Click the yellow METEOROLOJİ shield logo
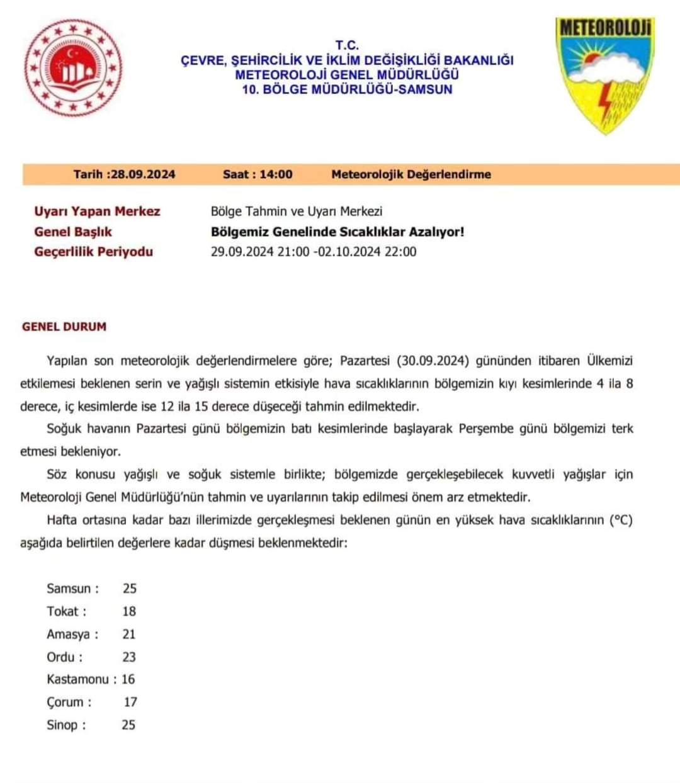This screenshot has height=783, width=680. (x=604, y=75)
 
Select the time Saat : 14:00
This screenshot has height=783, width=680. (x=258, y=174)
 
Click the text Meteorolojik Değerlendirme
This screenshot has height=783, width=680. (x=411, y=174)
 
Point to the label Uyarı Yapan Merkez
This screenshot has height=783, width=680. (x=97, y=211)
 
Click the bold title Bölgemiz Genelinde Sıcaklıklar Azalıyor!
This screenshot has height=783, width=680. (x=337, y=232)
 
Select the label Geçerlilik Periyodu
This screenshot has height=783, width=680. (x=93, y=252)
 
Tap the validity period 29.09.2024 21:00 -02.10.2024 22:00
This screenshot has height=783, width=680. (x=313, y=252)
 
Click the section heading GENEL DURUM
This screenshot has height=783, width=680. (x=64, y=327)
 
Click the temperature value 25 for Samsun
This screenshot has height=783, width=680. (x=130, y=589)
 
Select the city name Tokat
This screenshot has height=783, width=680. (x=63, y=611)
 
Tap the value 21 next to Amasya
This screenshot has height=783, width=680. (x=129, y=634)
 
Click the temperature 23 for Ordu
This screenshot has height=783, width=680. (x=129, y=656)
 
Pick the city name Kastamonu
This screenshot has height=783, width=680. (x=77, y=679)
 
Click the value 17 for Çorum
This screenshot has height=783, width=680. (x=130, y=702)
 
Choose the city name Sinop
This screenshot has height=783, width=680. (x=62, y=724)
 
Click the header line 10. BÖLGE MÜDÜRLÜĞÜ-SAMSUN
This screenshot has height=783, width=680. (x=347, y=89)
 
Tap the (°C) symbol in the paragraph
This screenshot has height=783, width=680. (x=620, y=521)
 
